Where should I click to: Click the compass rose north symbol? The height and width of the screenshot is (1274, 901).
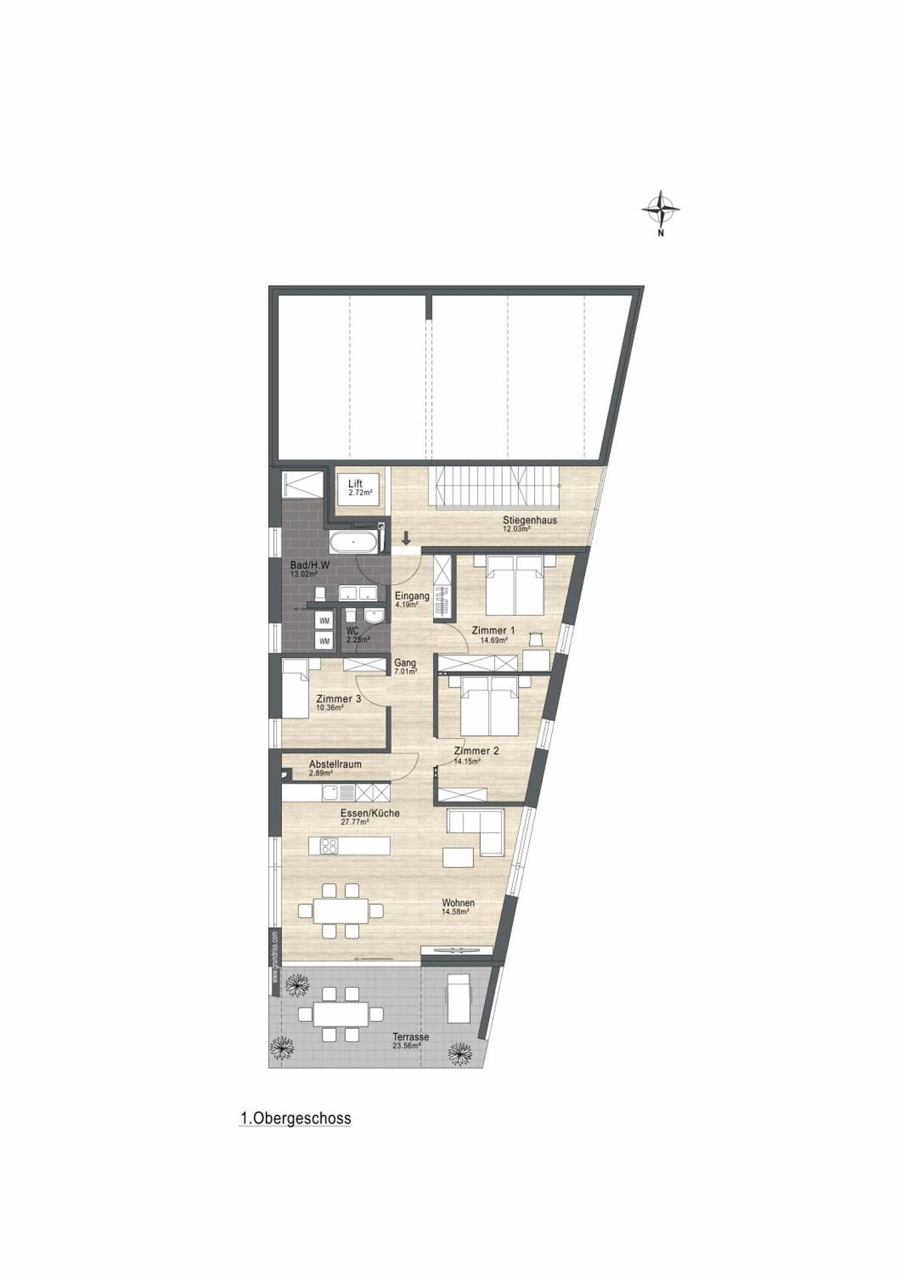(660, 210)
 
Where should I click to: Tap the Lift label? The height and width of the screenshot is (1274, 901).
(355, 484)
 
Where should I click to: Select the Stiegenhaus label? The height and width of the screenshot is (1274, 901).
(529, 520)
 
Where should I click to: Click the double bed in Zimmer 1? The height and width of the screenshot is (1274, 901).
(515, 585)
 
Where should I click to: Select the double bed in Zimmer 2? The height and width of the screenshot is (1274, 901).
(490, 705)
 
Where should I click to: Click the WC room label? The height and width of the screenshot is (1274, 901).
(352, 631)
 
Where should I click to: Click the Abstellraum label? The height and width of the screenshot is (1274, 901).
(335, 764)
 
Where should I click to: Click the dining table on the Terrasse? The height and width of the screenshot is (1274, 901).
(340, 1014)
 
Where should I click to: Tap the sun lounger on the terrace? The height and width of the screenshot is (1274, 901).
(459, 999)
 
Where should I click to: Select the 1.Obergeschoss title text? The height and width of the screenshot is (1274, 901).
(295, 1119)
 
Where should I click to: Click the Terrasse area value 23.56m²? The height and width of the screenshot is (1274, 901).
(407, 1046)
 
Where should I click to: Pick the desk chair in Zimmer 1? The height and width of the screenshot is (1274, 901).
(535, 639)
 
